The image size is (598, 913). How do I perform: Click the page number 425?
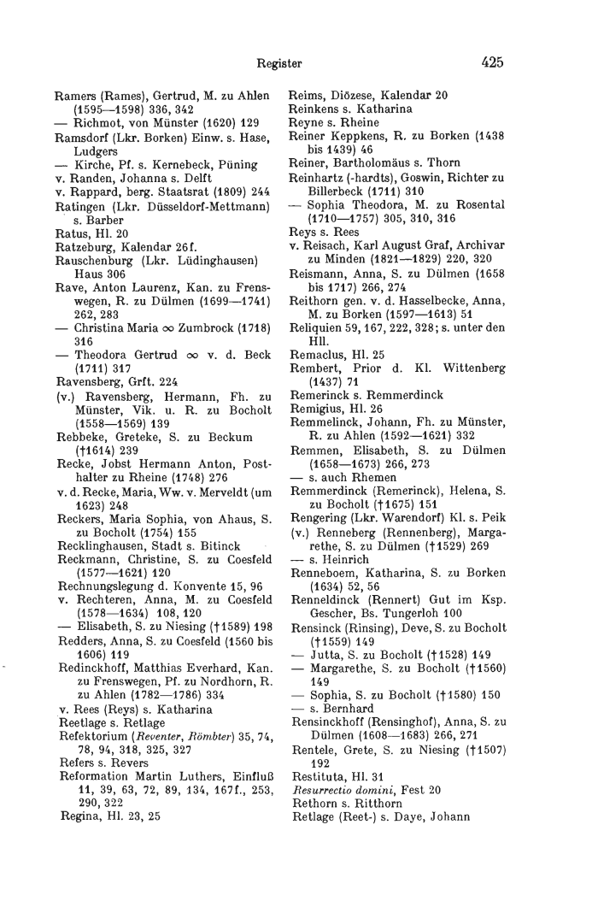pos(492,62)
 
